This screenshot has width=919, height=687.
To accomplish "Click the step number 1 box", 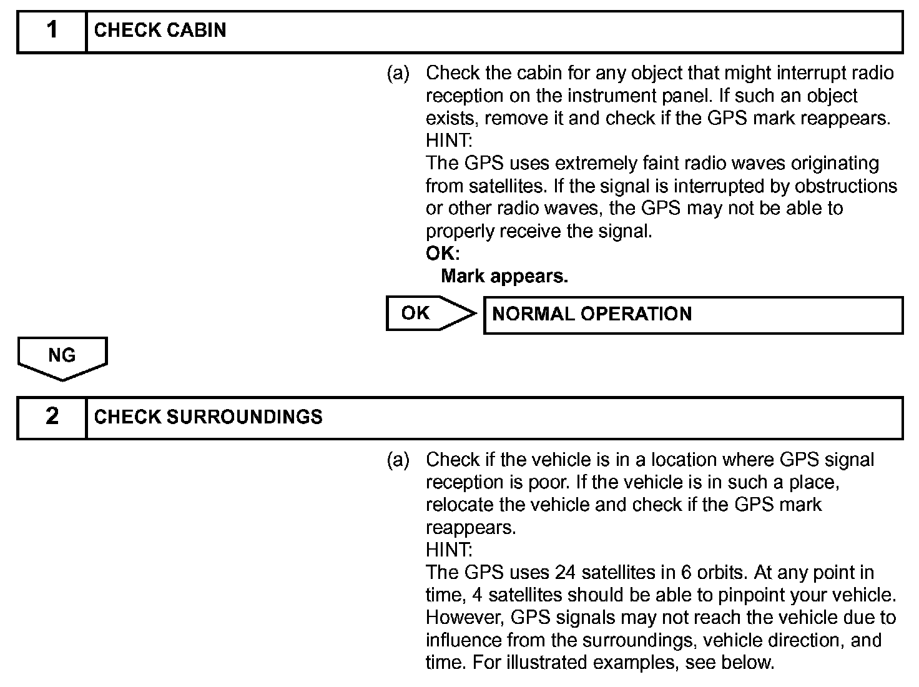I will (52, 31).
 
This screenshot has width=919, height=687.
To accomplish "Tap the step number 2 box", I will (52, 417).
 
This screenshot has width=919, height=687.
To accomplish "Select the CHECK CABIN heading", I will (160, 31).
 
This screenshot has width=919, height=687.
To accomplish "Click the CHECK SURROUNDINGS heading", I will (208, 417).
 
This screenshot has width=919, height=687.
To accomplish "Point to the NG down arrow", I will (62, 357).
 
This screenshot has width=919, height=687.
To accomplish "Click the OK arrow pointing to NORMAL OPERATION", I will (430, 313).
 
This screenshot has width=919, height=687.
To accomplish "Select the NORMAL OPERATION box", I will (693, 314).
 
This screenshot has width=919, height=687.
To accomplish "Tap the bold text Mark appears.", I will (504, 276).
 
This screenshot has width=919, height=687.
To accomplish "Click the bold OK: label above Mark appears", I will (443, 254).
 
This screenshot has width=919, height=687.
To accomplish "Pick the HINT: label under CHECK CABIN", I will (449, 141).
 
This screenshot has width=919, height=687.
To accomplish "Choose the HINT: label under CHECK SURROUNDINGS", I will (449, 550).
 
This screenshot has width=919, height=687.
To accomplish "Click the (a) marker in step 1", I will (398, 74).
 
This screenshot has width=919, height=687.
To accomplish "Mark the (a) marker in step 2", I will (398, 460).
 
